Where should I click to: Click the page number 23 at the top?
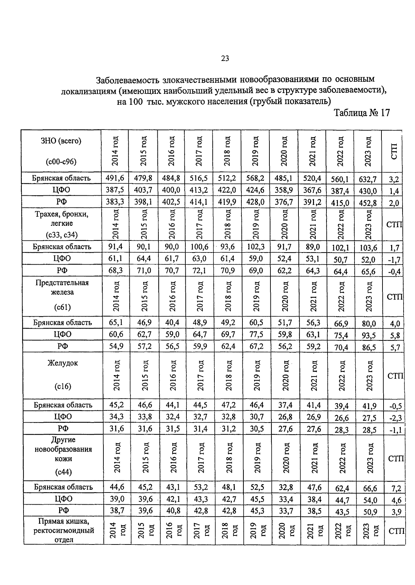pyautogui.click(x=225, y=59)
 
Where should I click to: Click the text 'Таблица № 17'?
pyautogui.click(x=362, y=113)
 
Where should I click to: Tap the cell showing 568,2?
pyautogui.click(x=255, y=178)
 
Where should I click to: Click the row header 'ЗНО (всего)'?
pyautogui.click(x=61, y=141)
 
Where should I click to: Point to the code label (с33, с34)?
pyautogui.click(x=62, y=235)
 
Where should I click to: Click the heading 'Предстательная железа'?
pyautogui.click(x=62, y=287)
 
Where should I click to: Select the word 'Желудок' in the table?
pyautogui.click(x=63, y=363)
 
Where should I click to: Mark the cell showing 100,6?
pyautogui.click(x=199, y=247)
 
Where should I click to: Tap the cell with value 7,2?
pyautogui.click(x=396, y=488)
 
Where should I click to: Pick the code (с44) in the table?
pyautogui.click(x=63, y=472)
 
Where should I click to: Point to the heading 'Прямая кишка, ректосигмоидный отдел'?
pyautogui.click(x=64, y=530)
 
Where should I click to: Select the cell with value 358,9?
pyautogui.click(x=284, y=190)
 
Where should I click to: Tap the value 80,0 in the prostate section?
pyautogui.click(x=368, y=323)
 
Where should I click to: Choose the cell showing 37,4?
pyautogui.click(x=285, y=405)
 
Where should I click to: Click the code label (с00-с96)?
pyautogui.click(x=61, y=161)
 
